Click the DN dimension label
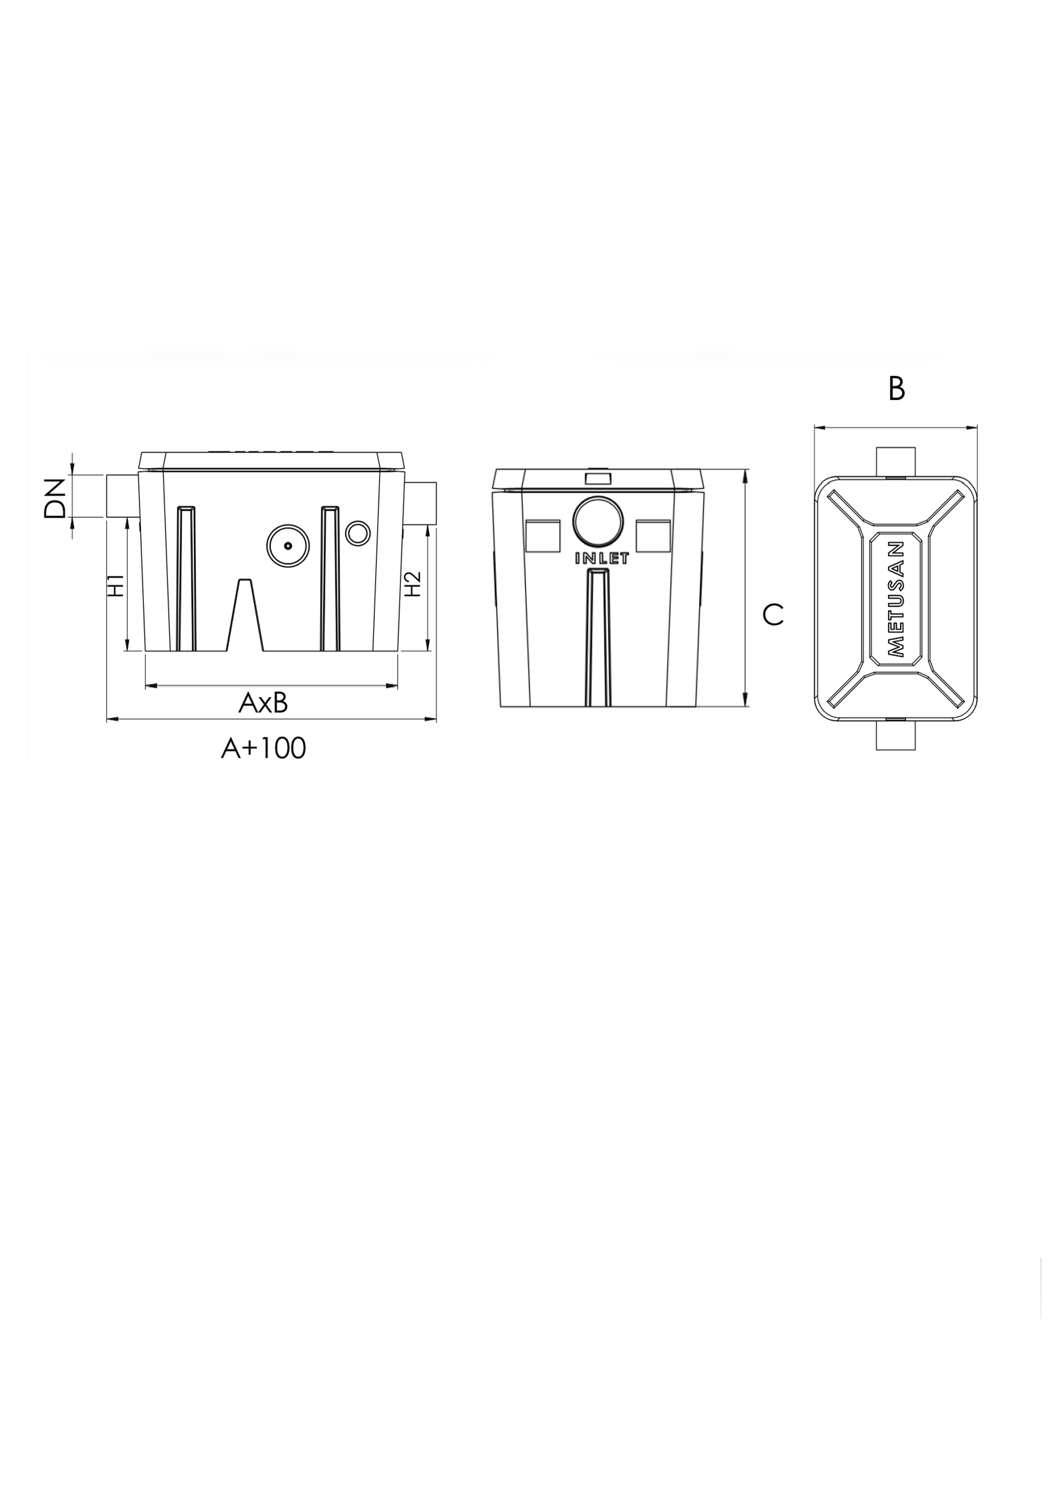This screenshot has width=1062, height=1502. pos(55,499)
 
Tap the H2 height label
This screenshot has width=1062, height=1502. pos(412,584)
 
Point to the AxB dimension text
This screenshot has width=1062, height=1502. pos(263,703)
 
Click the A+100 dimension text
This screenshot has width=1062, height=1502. pos(264,748)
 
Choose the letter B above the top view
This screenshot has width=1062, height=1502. pos(896,389)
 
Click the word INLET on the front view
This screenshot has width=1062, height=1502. pos(601,559)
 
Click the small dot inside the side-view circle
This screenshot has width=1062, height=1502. pos(288,546)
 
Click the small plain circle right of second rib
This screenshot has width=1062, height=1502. pos(357,533)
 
